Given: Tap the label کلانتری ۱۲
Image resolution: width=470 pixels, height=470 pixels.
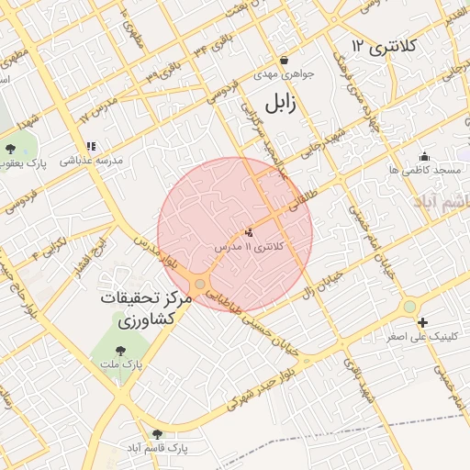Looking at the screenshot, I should pyautogui.click(x=384, y=45).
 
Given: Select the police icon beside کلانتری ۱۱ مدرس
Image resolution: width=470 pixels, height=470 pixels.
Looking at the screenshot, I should pyautogui.click(x=249, y=232).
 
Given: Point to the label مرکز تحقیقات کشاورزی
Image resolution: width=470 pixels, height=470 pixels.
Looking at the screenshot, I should pyautogui.click(x=146, y=310).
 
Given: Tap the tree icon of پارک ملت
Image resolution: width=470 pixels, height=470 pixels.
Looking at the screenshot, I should pyautogui.click(x=120, y=350).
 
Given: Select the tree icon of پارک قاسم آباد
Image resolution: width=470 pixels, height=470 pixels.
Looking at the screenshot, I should pyautogui.click(x=157, y=434).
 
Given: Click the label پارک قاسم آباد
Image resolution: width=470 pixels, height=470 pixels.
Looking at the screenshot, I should pyautogui.click(x=159, y=448).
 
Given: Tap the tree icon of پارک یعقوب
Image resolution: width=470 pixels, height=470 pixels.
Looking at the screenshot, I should pyautogui.click(x=10, y=149).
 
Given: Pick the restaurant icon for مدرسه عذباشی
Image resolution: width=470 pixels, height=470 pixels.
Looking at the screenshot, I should pyautogui.click(x=91, y=146).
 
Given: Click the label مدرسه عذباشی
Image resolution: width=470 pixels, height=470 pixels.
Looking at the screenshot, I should pyautogui.click(x=92, y=160).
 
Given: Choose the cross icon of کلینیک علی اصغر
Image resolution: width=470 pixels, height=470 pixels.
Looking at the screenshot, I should pyautogui.click(x=422, y=322).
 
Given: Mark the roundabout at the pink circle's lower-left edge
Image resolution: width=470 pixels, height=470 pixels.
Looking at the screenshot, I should pyautogui.click(x=200, y=284).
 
